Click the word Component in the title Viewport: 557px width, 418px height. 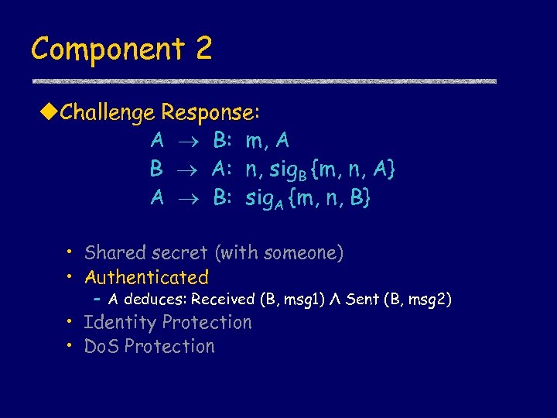[x=107, y=50]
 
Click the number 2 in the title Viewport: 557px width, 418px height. [x=203, y=49]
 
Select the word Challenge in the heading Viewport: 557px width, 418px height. [x=108, y=114]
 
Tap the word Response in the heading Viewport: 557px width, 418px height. [x=207, y=114]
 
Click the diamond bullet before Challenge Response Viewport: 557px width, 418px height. [x=50, y=113]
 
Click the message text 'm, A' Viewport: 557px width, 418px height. [x=268, y=142]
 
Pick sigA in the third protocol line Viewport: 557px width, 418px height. [x=265, y=200]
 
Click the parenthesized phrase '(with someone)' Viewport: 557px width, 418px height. [x=280, y=253]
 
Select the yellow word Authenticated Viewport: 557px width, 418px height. [x=147, y=277]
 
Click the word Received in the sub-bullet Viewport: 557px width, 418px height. [x=223, y=300]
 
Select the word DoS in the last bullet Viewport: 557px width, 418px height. [x=101, y=347]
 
